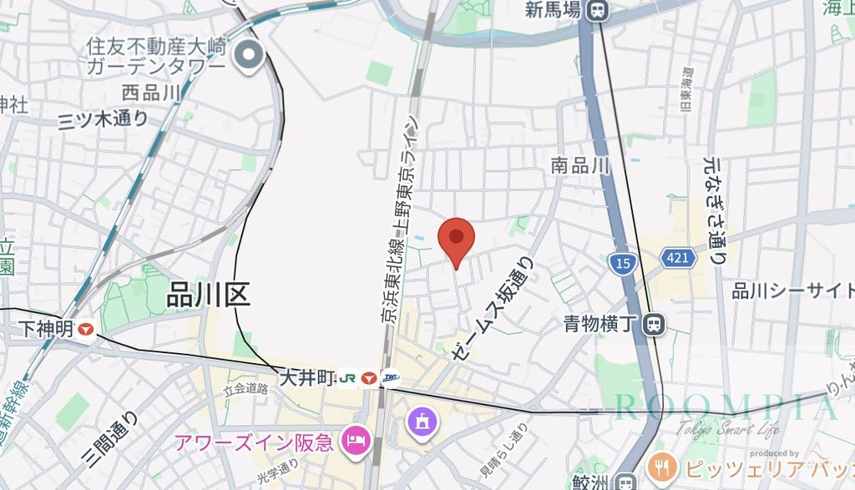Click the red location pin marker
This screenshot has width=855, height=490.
(x=456, y=239)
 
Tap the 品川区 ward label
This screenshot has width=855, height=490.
(x=209, y=295)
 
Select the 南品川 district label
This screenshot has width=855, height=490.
(x=581, y=166)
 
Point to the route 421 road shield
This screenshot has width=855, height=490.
(x=678, y=258)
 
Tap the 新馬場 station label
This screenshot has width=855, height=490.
(x=554, y=11)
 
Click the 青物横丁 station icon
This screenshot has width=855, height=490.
(x=655, y=322)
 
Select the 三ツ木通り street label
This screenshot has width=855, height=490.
(x=103, y=119)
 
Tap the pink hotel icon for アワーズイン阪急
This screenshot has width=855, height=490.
(x=357, y=439)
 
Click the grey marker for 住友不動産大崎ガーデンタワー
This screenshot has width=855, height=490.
(x=249, y=57)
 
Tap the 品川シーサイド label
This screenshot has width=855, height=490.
(x=792, y=290)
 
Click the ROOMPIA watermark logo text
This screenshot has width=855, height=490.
(x=725, y=408)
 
